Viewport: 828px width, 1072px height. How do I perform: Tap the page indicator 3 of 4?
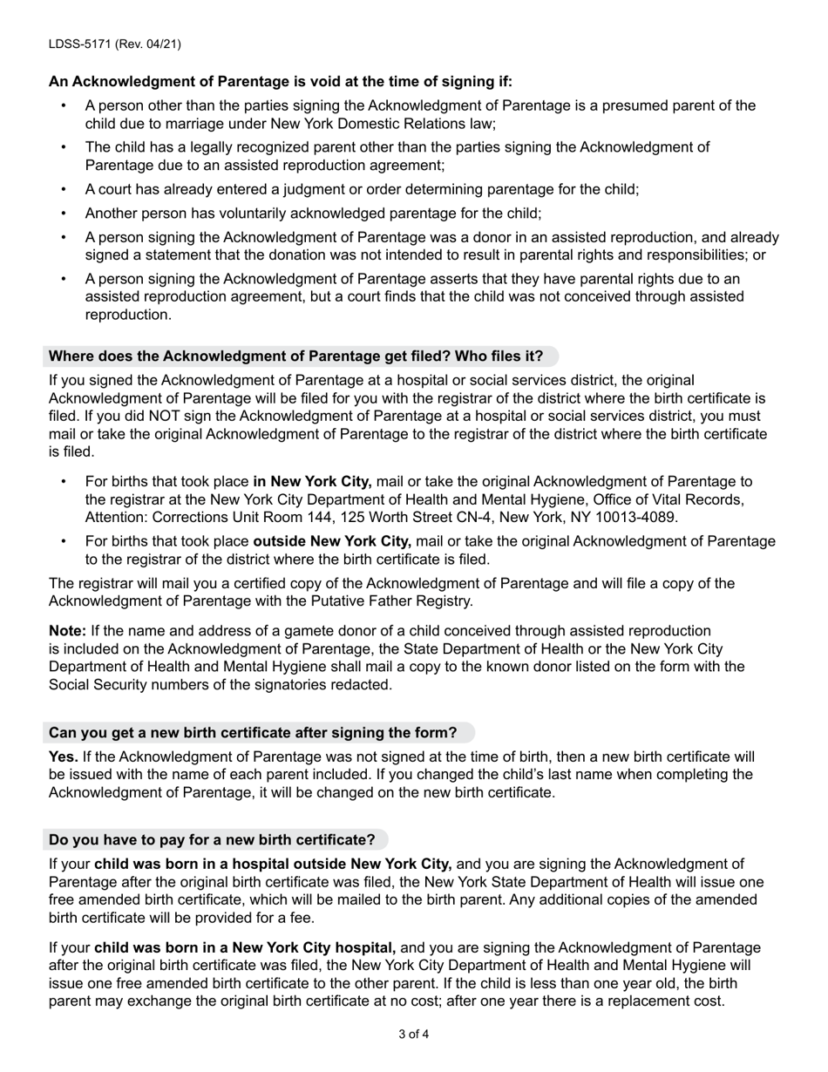[413, 1035]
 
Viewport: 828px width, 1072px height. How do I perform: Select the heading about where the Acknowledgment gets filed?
[295, 356]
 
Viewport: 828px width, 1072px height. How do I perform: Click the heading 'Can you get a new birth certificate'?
[253, 733]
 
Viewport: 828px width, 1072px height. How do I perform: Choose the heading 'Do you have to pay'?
[212, 840]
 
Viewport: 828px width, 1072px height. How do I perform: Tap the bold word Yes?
[63, 757]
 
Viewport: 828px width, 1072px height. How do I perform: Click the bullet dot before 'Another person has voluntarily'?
[64, 214]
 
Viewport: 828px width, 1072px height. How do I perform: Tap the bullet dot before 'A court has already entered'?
[64, 189]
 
